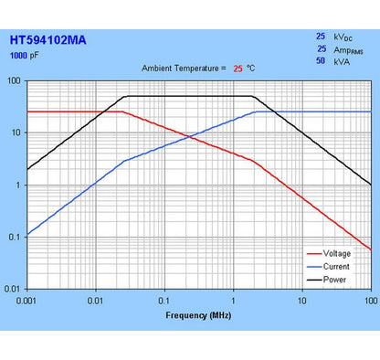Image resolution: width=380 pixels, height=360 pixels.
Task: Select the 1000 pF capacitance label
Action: click(x=25, y=55)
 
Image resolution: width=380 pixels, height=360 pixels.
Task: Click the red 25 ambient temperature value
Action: click(x=237, y=69)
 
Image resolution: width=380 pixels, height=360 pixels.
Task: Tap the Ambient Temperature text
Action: click(x=183, y=69)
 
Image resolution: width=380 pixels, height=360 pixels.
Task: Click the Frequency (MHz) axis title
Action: click(x=199, y=315)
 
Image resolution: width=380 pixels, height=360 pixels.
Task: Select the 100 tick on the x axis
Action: click(x=369, y=300)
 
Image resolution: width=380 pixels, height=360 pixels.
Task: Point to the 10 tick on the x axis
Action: click(x=301, y=300)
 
